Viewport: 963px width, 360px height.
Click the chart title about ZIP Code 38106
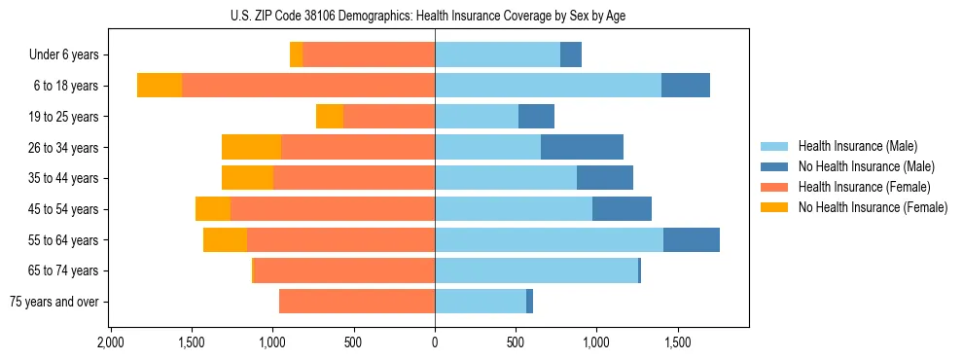(x=435, y=16)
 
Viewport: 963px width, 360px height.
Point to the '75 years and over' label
(x=53, y=302)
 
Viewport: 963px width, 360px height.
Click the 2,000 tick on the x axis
(x=110, y=343)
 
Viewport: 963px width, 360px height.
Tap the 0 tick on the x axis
(x=435, y=343)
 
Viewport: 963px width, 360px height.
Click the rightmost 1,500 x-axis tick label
(x=677, y=343)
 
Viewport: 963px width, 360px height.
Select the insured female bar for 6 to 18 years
(x=308, y=86)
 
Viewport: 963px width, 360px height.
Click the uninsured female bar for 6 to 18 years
(x=160, y=86)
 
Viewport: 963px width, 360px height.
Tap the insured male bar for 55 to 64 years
(x=549, y=240)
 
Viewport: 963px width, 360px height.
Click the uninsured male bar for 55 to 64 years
(x=692, y=240)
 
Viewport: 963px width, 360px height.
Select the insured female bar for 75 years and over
(x=357, y=302)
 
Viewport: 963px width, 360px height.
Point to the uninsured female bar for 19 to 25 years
(x=330, y=117)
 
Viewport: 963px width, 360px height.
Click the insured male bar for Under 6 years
(x=497, y=55)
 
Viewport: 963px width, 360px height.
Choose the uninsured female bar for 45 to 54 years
(x=213, y=209)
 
